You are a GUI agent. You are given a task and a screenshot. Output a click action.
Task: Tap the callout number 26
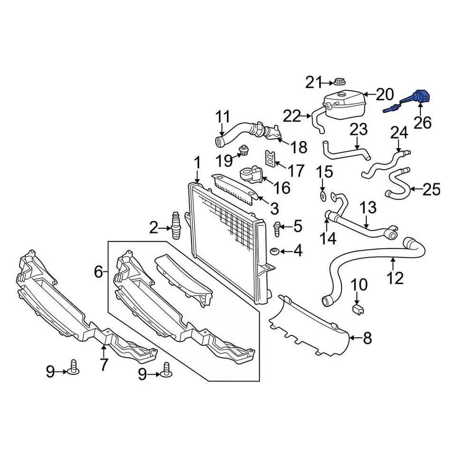click(422, 123)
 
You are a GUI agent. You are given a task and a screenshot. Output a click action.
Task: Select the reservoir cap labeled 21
click(339, 82)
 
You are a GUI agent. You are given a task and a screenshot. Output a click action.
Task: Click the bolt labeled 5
click(277, 228)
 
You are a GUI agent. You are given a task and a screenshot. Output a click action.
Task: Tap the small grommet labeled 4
click(274, 251)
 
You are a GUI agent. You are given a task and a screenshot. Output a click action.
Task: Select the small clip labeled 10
click(359, 310)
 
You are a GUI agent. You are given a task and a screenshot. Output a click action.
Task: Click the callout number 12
click(395, 277)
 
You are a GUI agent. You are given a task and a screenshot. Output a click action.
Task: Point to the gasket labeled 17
click(270, 160)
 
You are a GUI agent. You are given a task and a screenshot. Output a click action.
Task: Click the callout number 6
click(98, 272)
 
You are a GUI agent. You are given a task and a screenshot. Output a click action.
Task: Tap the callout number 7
click(104, 364)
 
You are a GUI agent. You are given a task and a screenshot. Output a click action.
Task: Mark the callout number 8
click(367, 338)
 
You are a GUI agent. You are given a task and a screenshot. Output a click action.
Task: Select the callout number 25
click(431, 189)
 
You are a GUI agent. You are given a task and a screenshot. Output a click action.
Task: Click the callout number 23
click(359, 129)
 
